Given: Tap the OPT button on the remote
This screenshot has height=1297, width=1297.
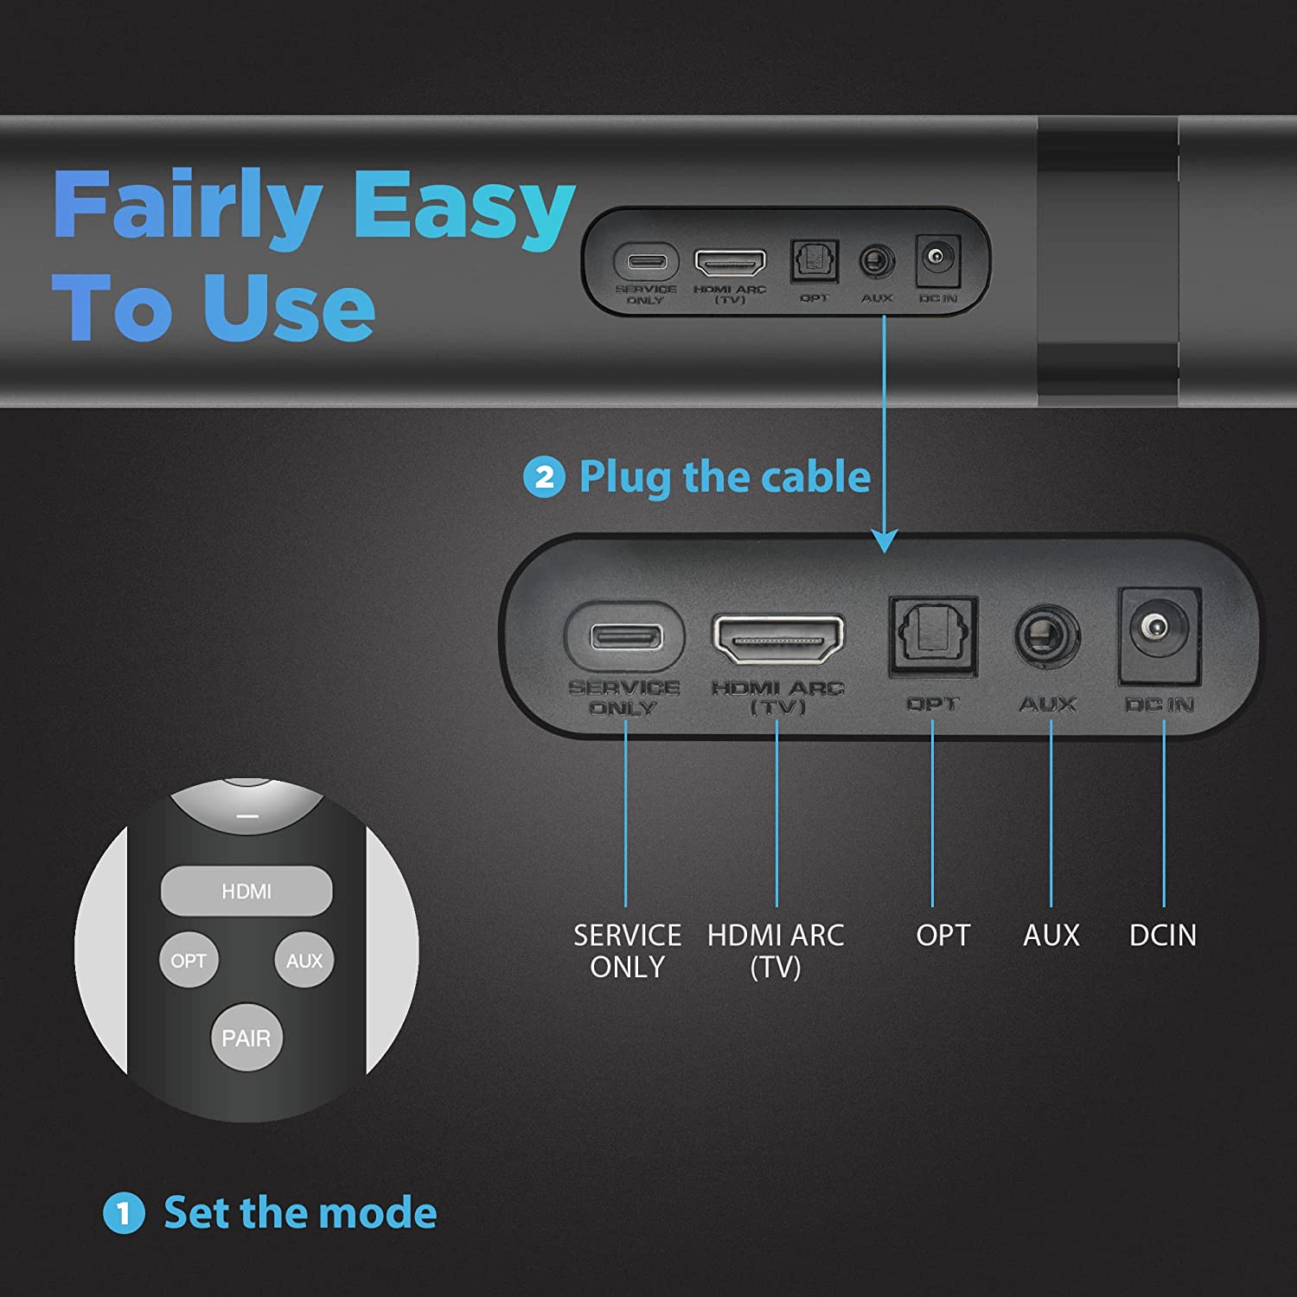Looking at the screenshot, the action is [x=188, y=961].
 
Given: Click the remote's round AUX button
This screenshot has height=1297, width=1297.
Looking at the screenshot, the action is [x=304, y=961].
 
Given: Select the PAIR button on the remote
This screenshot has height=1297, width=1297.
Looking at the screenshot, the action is [x=246, y=1038].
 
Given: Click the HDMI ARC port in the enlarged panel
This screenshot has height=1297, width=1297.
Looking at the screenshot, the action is [x=777, y=638].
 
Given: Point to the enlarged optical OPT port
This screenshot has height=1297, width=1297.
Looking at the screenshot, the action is [x=933, y=636].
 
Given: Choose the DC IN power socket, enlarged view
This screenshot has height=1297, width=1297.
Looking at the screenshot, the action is [x=1159, y=635].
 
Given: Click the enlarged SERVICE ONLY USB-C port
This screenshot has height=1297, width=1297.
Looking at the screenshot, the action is [x=626, y=637].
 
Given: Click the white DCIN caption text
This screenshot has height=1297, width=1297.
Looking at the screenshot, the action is [x=1163, y=935].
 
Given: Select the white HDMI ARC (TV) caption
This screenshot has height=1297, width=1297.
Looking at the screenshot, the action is [x=776, y=950].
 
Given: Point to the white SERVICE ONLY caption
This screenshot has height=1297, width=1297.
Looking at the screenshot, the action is [x=627, y=950].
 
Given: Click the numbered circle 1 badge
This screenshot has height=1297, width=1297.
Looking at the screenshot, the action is [x=124, y=1212].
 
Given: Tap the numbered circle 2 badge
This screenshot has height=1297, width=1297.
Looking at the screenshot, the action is [x=544, y=477].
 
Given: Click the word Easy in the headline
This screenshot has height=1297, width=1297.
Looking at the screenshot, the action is [x=464, y=208].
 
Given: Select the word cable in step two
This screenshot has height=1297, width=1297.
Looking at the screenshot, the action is [x=821, y=476].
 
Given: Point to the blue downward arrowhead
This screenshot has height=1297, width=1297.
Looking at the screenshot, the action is [x=884, y=540].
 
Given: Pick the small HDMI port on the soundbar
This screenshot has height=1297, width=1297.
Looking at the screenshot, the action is [x=731, y=262].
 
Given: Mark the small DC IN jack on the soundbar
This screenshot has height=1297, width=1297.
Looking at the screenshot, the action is [x=937, y=259].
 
